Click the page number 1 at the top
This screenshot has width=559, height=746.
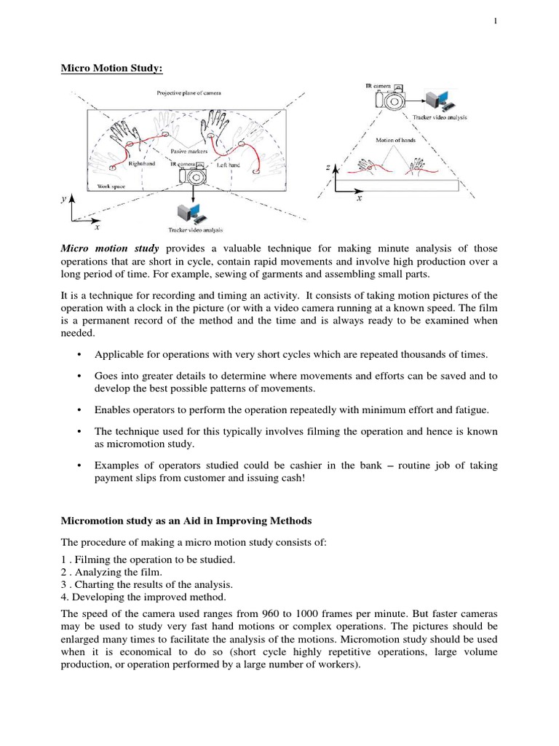pos(496,21)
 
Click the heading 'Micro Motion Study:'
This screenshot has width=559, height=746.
pos(111,69)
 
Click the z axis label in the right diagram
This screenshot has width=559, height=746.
pos(328,168)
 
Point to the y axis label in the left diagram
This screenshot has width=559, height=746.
pos(64,199)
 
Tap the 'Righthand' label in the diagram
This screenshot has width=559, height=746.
pos(143,165)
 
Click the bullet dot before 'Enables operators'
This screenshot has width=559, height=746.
pos(78,411)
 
